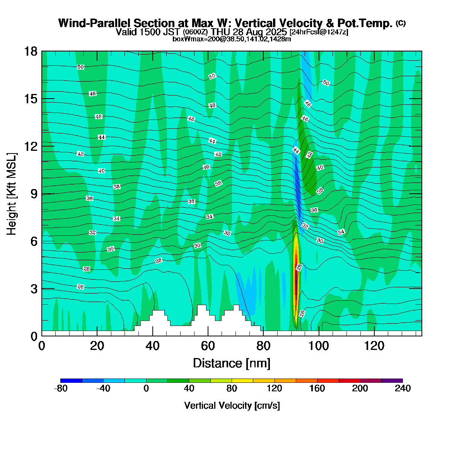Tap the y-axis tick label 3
click(34, 288)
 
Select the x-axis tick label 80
click(263, 346)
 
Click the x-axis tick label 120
click(374, 346)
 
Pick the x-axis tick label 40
click(153, 346)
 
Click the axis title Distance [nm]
click(232, 363)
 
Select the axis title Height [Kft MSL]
click(12, 194)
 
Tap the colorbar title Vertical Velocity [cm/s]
click(232, 406)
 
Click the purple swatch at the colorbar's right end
click(392, 380)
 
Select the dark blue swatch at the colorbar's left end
click(71, 380)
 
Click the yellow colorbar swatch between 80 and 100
click(242, 380)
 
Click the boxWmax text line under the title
click(232, 39)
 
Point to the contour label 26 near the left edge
click(80, 287)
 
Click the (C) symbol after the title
click(401, 23)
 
